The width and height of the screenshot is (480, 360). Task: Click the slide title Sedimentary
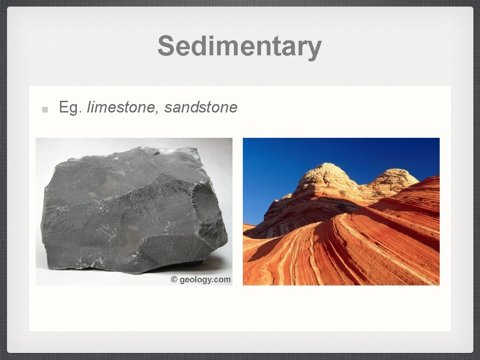(x=240, y=46)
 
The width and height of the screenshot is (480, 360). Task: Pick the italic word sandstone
(x=201, y=107)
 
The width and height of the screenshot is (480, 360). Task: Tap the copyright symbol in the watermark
(x=174, y=279)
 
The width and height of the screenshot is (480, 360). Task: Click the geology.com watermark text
(x=204, y=279)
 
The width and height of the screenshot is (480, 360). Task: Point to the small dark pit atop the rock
(x=157, y=152)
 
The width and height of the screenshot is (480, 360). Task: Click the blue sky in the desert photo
(x=281, y=164)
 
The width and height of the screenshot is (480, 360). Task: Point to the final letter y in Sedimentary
(x=314, y=49)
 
